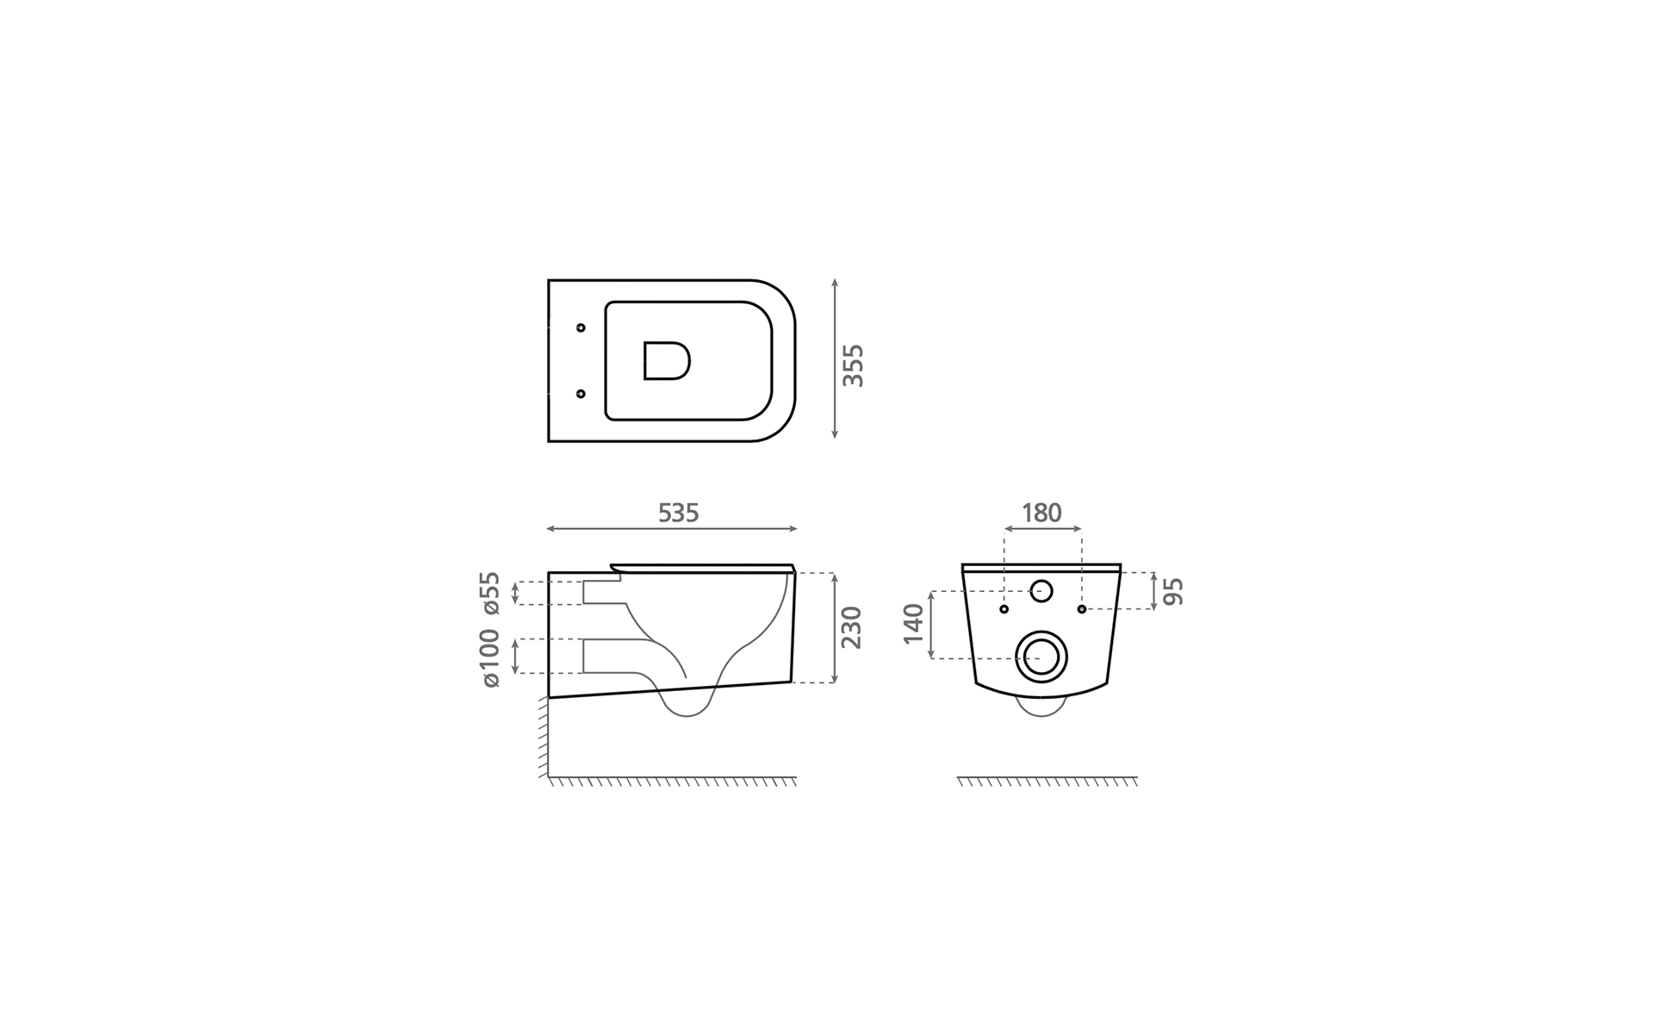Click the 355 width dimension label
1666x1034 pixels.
tap(852, 365)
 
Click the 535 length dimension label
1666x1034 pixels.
tap(678, 513)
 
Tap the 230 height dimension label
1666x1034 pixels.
tap(851, 627)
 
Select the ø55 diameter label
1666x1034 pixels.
tap(490, 593)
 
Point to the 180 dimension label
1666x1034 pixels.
tap(1041, 513)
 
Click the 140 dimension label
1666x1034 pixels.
tap(913, 624)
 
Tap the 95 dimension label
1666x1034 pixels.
tap(1173, 591)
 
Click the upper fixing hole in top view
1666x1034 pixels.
tap(581, 327)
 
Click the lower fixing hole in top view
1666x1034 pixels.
tap(581, 394)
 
